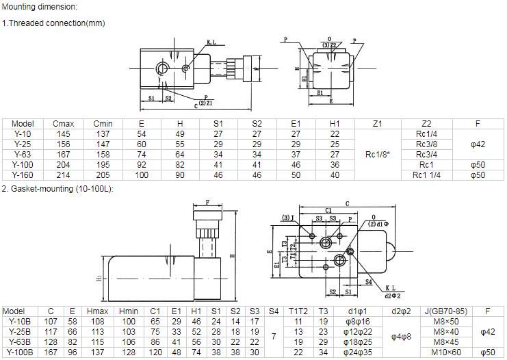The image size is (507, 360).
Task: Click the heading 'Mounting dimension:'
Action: tap(39, 7)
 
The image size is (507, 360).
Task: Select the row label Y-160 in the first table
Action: tap(23, 175)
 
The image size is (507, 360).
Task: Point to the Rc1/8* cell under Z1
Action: tap(377, 155)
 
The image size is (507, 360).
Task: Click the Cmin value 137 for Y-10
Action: tap(103, 134)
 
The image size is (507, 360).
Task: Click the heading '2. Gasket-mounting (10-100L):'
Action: tap(57, 188)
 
